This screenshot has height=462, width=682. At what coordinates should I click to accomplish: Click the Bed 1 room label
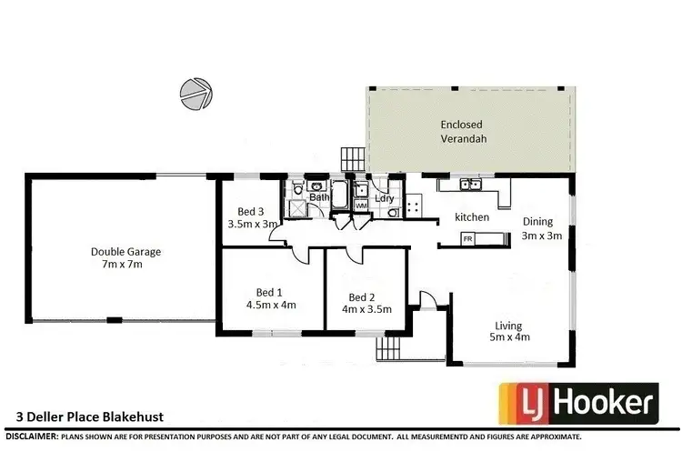(x=270, y=298)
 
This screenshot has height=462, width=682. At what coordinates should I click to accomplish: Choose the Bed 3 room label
(x=252, y=217)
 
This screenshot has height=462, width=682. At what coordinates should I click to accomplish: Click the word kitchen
(x=472, y=217)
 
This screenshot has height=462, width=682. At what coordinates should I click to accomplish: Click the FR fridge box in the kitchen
(x=468, y=238)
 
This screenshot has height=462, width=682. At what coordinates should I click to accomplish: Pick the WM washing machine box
(x=360, y=206)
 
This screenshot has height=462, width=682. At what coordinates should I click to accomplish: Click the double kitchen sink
(x=471, y=186)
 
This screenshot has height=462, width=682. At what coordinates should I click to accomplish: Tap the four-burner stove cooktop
(x=414, y=206)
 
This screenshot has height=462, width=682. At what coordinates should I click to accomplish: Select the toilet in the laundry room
(x=391, y=213)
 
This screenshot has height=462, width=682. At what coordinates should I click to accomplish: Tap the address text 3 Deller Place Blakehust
(x=90, y=418)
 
